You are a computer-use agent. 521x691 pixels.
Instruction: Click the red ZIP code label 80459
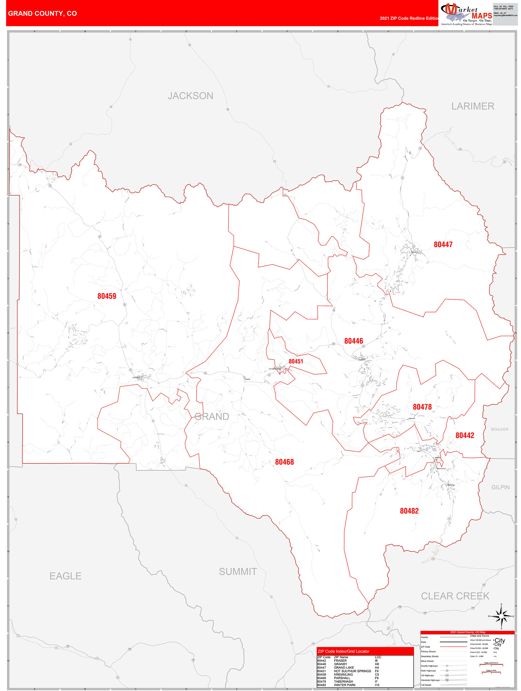107,296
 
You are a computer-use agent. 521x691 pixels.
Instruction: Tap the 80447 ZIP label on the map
443,245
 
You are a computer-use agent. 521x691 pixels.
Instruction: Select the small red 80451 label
296,361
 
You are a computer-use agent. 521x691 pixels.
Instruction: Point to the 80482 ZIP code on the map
409,511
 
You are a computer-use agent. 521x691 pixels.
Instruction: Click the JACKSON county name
190,96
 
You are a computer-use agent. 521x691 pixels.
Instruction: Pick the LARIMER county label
473,106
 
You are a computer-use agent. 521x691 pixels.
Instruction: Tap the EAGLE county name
66,576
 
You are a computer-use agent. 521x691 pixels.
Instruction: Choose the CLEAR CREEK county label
455,596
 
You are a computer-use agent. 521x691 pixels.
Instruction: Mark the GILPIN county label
500,487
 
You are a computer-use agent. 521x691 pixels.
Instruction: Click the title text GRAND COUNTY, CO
43,14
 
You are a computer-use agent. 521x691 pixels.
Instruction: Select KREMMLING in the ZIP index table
343,675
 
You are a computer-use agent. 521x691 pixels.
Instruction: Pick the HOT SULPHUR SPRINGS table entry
352,671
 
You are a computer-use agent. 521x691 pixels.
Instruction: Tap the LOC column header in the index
378,657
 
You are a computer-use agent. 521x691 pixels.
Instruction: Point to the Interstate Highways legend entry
430,680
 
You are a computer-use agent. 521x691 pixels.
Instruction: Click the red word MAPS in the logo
482,16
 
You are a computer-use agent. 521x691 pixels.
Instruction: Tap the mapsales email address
505,15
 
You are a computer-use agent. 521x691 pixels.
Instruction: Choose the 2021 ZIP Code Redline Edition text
409,18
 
